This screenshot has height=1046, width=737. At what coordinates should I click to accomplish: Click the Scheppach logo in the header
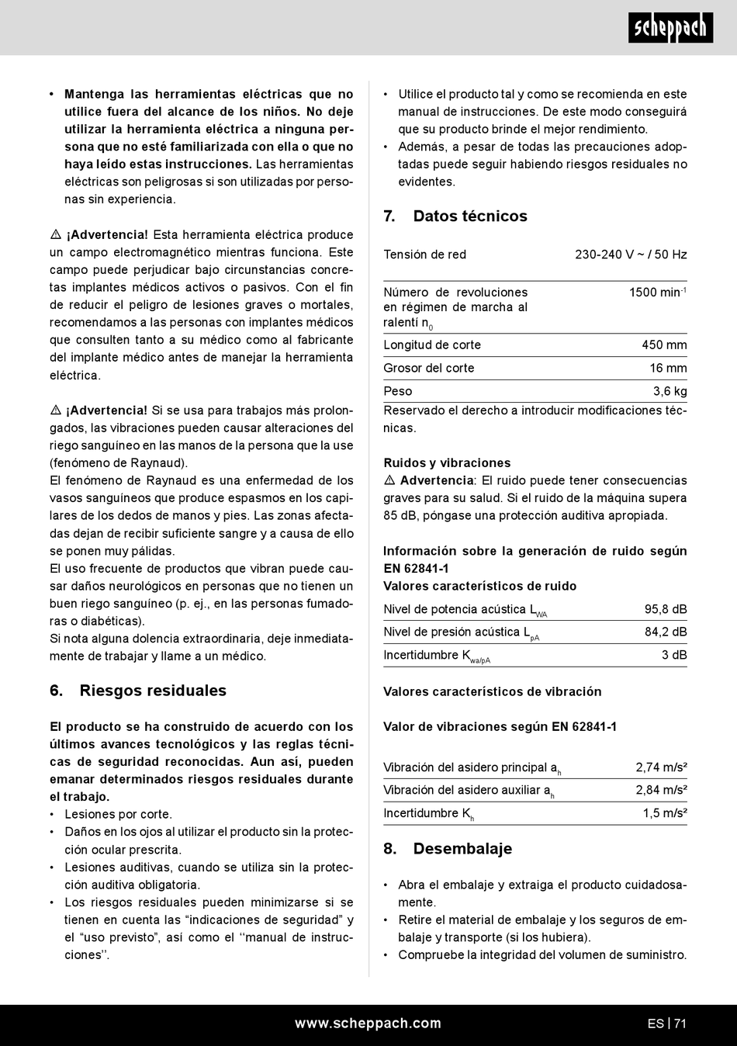click(670, 28)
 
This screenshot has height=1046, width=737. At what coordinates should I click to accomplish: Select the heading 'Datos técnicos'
click(469, 216)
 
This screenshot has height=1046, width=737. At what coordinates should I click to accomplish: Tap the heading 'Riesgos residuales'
click(153, 691)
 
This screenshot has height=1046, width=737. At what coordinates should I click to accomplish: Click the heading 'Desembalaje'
click(462, 848)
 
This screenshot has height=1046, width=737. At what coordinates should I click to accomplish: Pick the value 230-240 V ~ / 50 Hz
click(631, 255)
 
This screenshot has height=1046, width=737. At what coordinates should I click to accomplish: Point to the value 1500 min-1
click(657, 293)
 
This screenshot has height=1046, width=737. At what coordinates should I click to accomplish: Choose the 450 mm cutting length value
click(664, 345)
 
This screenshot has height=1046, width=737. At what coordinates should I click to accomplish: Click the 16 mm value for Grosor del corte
click(668, 369)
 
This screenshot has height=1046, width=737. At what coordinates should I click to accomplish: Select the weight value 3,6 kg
click(670, 392)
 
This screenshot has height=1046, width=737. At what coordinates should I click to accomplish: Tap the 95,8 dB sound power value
click(666, 609)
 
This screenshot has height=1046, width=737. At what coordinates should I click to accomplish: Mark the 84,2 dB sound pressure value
click(666, 632)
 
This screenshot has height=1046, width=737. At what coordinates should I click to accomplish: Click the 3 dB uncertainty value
click(674, 655)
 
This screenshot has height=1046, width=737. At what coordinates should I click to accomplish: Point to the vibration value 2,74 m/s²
click(661, 767)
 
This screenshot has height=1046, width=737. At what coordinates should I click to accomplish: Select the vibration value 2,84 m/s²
click(661, 790)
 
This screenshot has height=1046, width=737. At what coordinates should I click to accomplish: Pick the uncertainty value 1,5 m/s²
click(664, 813)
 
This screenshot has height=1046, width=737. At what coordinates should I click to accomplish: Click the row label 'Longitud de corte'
click(432, 345)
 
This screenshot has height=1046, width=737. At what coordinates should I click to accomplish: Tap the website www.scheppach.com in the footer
click(368, 1023)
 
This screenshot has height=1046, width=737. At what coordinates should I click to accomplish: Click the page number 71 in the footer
click(680, 1023)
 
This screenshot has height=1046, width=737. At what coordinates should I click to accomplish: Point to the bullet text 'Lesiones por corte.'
click(118, 814)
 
